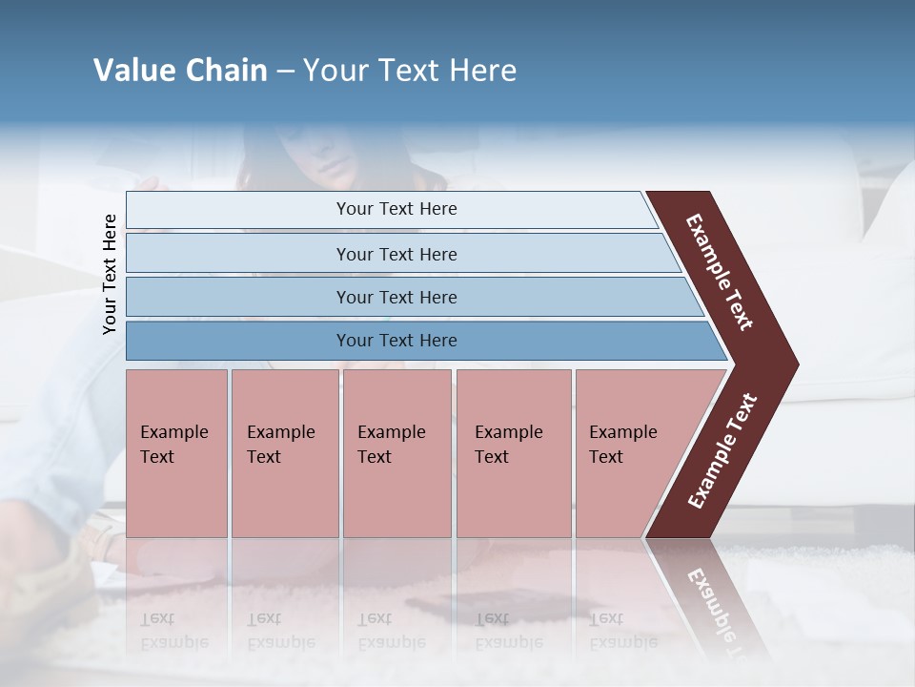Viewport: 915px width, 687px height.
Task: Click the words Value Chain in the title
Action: coord(180,71)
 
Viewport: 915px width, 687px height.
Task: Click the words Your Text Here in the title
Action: coord(410,71)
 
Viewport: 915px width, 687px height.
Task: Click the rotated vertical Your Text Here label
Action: coord(110,274)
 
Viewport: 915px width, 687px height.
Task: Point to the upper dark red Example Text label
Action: coord(720,272)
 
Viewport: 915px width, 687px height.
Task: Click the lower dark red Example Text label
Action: coord(722,450)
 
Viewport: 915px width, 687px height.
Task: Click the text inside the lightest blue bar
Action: coord(396,209)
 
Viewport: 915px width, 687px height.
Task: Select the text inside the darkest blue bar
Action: coord(396,341)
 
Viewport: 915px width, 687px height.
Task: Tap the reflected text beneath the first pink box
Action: coord(173,631)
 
